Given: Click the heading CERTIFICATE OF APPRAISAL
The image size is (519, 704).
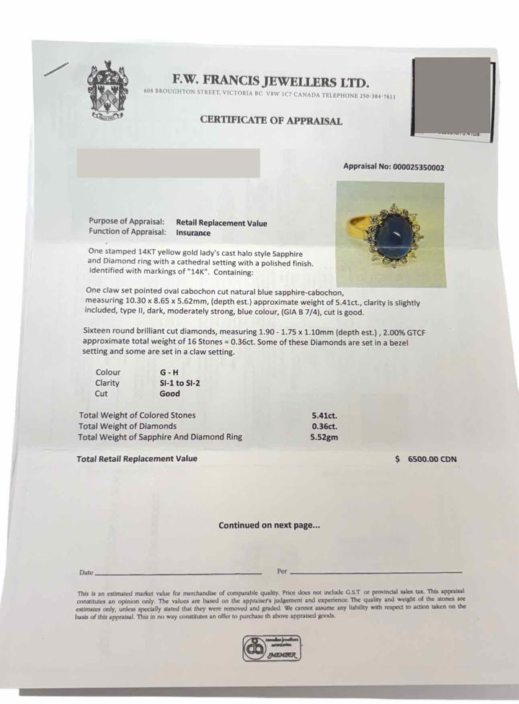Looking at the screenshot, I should tap(271, 120).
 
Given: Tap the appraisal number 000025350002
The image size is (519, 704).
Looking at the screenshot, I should tap(418, 166).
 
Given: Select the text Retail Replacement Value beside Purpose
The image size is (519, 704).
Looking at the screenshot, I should tap(221, 223).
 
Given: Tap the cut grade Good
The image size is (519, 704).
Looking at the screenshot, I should tap(170, 394).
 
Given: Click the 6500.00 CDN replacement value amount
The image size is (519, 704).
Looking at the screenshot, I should tap(432, 459).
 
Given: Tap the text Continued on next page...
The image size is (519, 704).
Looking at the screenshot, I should tap(270, 525).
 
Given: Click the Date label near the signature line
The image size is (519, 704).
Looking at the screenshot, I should tap(86, 572).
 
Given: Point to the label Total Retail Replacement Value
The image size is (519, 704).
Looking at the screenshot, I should tap(137, 458).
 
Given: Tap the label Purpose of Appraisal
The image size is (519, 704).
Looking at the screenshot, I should tap(127, 222).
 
